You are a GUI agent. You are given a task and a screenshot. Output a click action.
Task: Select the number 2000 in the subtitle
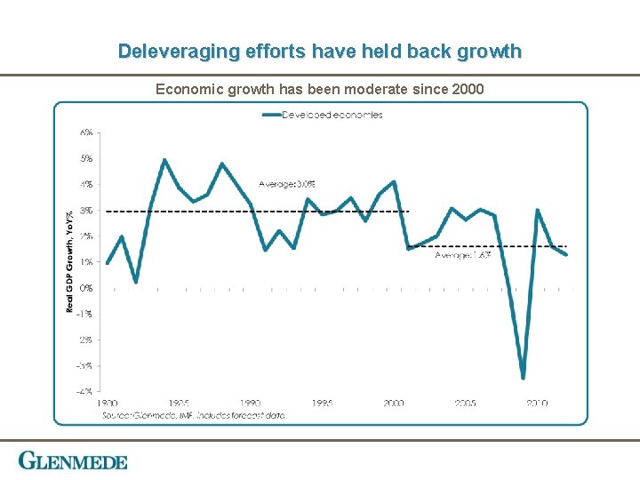[x=467, y=89]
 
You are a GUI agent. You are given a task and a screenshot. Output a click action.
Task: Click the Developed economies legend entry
[x=332, y=115]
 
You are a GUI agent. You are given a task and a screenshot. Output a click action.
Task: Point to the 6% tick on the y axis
[x=86, y=132]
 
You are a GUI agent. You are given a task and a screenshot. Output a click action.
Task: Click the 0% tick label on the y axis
[x=86, y=288]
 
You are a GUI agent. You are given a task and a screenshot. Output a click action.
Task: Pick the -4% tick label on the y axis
[x=85, y=391]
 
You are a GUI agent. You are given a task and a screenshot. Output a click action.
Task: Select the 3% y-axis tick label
[x=86, y=211]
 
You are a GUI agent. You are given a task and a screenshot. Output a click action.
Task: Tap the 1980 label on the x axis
[x=107, y=404]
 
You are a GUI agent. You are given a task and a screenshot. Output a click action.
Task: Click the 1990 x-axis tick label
[x=250, y=404]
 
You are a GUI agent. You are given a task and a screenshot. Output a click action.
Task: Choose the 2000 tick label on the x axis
[x=394, y=404]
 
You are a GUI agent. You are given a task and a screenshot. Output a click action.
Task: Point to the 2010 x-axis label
[x=537, y=404]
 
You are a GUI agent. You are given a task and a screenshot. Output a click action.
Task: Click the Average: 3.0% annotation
[x=286, y=184]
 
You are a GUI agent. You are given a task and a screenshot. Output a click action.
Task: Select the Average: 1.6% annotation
[x=462, y=255]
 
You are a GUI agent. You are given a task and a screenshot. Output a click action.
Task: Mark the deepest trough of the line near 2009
[x=523, y=377]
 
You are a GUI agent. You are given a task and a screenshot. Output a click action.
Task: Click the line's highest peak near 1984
[x=164, y=160]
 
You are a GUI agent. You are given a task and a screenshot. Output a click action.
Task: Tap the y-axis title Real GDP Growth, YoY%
[x=70, y=260]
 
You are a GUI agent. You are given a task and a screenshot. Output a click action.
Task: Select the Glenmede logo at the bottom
[x=73, y=461]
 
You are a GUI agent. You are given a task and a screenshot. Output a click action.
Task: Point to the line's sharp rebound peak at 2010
[x=538, y=211]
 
